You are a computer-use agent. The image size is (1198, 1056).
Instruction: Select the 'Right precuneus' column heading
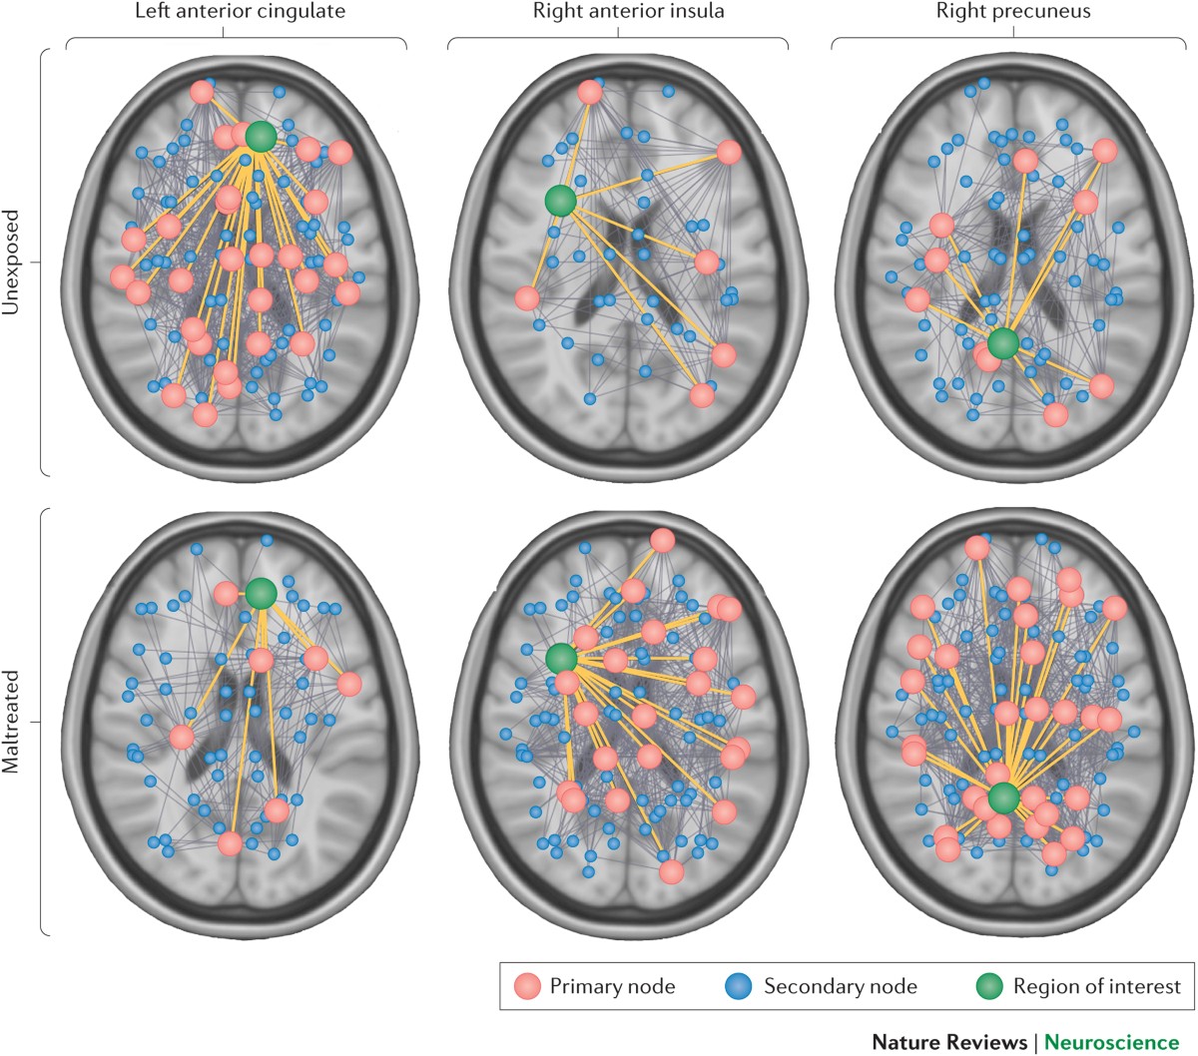click(x=1012, y=13)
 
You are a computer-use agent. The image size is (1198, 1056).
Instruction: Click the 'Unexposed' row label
click(x=12, y=262)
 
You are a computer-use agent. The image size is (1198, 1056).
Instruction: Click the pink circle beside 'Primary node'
click(x=528, y=987)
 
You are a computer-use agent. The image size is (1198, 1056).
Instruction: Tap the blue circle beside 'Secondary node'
click(x=738, y=987)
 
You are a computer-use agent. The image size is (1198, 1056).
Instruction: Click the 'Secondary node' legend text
click(x=840, y=987)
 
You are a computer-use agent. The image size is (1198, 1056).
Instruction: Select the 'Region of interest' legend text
click(x=1096, y=987)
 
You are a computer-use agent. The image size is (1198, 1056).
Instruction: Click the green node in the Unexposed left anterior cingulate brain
click(x=261, y=137)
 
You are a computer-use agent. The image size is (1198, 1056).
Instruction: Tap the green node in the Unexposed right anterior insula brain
click(x=561, y=202)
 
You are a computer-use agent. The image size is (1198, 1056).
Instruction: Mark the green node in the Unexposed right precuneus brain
click(x=1003, y=344)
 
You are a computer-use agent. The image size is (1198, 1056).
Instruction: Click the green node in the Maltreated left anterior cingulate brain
click(x=261, y=593)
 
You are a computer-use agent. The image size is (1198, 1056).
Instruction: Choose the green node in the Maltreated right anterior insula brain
click(x=561, y=658)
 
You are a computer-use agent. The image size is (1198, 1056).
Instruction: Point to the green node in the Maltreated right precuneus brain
click(x=1004, y=798)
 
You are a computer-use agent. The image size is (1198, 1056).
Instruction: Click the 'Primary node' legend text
click(x=612, y=987)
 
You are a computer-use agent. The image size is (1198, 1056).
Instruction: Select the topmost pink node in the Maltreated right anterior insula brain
click(x=662, y=540)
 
